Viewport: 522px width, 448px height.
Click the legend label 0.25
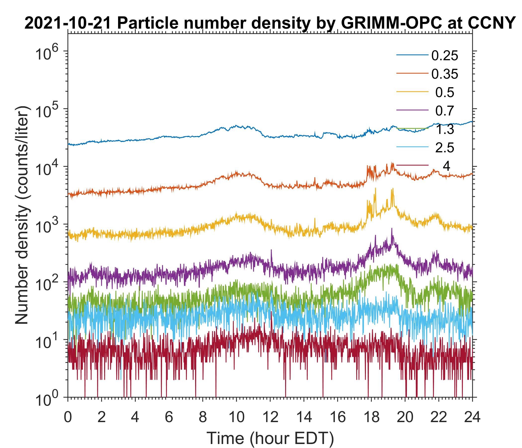pos(445,56)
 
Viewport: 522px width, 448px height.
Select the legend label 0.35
pos(445,74)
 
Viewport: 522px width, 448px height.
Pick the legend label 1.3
pos(445,129)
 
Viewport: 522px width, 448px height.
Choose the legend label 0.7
pos(445,111)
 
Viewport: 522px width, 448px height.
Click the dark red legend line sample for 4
pos(412,165)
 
